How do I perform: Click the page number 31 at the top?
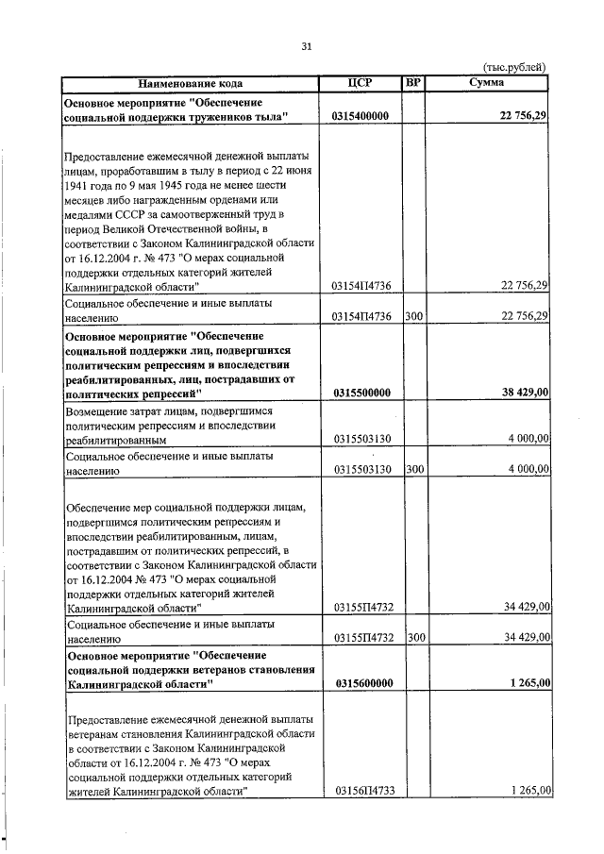(x=306, y=46)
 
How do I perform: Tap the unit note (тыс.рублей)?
(x=513, y=67)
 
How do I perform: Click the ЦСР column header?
(x=361, y=82)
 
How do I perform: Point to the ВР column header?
(x=412, y=82)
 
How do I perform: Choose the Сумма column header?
(x=486, y=82)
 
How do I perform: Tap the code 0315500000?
(x=362, y=393)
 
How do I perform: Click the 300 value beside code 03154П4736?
(x=413, y=316)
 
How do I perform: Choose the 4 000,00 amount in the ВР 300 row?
(x=525, y=469)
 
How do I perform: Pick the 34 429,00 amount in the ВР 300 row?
(x=522, y=638)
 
